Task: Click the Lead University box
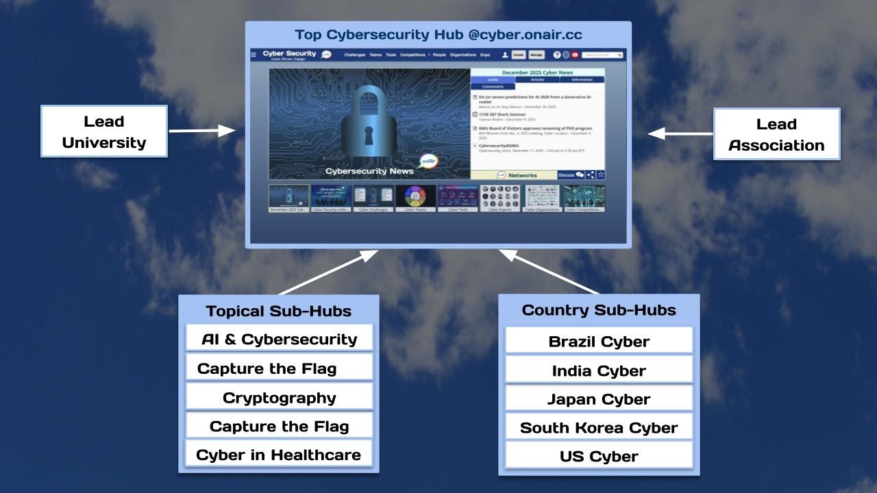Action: [x=104, y=131]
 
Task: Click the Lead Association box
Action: [x=776, y=134]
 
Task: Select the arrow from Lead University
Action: [x=202, y=130]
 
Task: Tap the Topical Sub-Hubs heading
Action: [x=278, y=311]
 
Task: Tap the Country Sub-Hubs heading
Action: [x=599, y=309]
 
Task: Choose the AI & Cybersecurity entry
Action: [x=279, y=339]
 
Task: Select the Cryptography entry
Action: [x=279, y=398]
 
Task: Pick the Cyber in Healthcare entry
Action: [x=279, y=455]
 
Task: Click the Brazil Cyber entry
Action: [x=599, y=341]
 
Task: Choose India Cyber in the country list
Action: [x=599, y=370]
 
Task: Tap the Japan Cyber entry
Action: [x=599, y=399]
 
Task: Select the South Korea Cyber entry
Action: [x=599, y=428]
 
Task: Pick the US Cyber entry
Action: [x=599, y=456]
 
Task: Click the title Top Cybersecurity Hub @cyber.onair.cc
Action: [x=438, y=34]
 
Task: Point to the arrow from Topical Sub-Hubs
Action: [x=329, y=273]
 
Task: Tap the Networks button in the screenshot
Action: [x=516, y=175]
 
